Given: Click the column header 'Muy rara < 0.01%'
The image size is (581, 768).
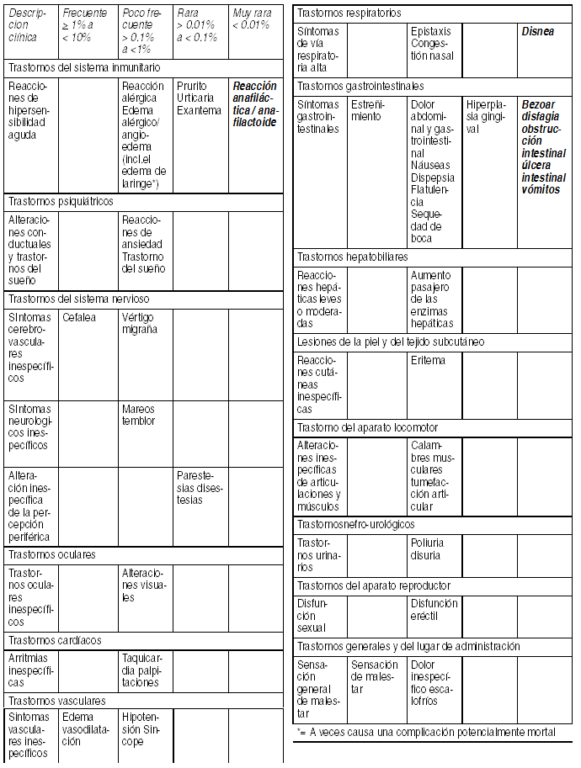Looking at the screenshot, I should (x=252, y=19).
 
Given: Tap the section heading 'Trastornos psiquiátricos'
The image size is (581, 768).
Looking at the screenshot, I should (x=60, y=202).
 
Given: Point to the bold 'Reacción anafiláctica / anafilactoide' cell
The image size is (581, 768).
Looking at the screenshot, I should (x=253, y=104).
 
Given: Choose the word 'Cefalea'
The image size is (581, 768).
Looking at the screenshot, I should (x=79, y=317).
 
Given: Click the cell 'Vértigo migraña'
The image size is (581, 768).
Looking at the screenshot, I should (x=139, y=323).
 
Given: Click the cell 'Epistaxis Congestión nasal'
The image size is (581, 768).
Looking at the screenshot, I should (x=432, y=44).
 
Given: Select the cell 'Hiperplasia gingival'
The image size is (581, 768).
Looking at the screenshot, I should (x=486, y=116).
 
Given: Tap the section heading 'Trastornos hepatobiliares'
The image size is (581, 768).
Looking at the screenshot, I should (x=352, y=257).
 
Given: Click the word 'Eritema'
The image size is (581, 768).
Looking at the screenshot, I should (x=428, y=360).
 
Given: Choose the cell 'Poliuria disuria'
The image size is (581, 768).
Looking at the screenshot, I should (x=428, y=548).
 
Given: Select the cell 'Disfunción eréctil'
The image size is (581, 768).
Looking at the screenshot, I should (x=434, y=609).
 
